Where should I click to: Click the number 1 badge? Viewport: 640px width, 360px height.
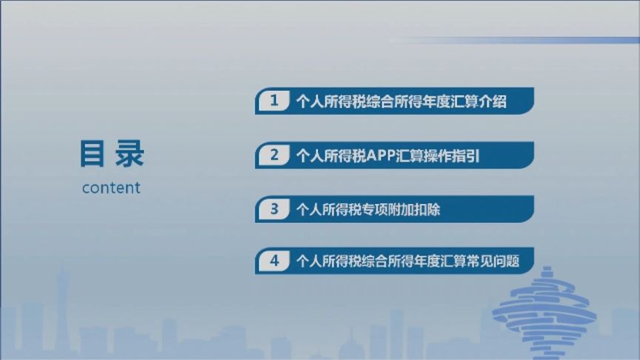274,101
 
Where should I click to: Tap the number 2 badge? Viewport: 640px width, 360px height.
274,155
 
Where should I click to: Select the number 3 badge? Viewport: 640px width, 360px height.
274,209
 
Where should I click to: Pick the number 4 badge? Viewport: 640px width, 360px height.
274,261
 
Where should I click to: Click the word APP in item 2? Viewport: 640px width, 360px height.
381,156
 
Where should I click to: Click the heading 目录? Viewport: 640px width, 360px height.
111,154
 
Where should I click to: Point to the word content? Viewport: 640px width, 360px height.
111,187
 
